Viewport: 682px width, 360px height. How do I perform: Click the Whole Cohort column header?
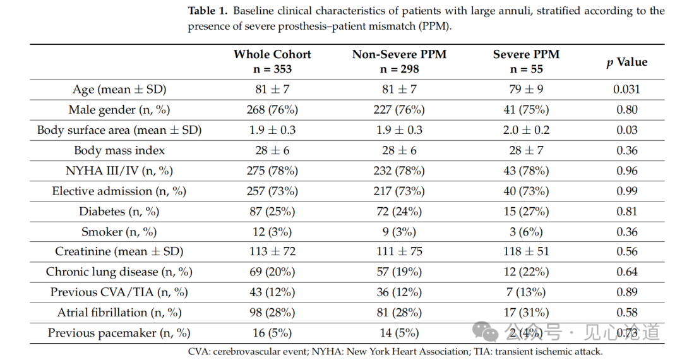[272, 61]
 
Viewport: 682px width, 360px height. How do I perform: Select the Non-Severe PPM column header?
[399, 61]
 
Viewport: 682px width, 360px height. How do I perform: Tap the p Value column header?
[627, 62]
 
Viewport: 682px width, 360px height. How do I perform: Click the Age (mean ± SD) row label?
[119, 90]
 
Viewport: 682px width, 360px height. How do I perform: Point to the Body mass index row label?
[119, 150]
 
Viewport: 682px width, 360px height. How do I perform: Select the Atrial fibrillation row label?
[119, 313]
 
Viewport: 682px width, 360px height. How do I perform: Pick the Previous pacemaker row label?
[119, 333]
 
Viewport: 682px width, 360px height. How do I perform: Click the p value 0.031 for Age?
[627, 89]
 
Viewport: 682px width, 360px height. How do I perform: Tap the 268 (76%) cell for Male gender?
[272, 109]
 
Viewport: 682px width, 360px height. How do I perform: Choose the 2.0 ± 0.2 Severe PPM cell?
[526, 130]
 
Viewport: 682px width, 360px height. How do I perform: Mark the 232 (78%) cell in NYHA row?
[399, 171]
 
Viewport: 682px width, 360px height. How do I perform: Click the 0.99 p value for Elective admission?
[627, 191]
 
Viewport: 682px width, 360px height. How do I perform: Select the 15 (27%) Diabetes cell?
[526, 212]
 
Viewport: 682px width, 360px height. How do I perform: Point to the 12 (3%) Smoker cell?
[272, 232]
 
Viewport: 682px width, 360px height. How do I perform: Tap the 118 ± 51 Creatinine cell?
[526, 251]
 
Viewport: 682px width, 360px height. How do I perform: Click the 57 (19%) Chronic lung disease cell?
[399, 272]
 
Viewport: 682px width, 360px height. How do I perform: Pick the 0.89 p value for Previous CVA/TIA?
[627, 292]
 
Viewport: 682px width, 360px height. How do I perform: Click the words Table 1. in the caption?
[208, 11]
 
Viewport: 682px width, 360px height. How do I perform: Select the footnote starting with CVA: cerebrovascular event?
[395, 351]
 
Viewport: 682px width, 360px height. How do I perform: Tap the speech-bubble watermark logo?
[486, 332]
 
